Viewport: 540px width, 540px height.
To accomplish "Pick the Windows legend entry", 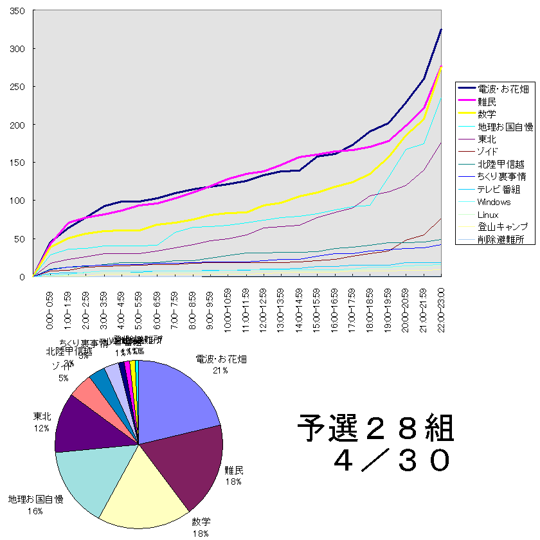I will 494,202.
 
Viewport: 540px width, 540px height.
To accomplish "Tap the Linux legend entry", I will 489,214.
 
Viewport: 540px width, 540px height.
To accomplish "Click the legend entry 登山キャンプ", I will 503,227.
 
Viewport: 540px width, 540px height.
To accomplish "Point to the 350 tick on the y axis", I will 17,11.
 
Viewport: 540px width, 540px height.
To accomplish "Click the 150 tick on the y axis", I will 17,163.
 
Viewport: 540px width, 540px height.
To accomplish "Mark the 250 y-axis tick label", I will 17,87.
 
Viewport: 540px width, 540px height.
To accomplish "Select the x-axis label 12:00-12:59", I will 264,310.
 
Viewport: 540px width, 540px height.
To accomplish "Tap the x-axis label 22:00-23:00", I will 441,310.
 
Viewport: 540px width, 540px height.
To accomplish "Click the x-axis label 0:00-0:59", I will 50,310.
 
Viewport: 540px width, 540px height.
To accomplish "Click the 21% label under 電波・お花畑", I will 221,370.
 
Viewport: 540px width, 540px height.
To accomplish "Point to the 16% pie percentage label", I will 35,511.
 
